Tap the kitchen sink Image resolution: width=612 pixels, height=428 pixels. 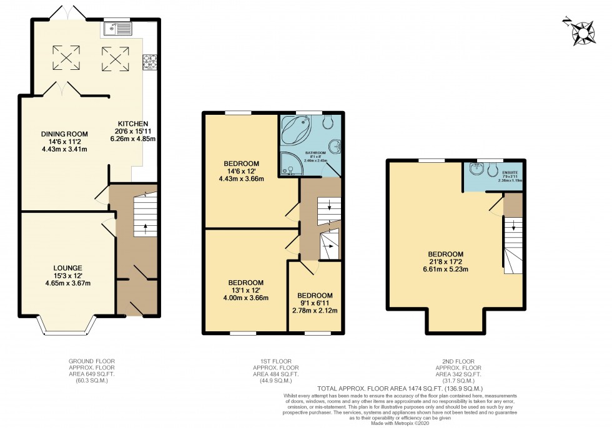pyautogui.click(x=118, y=28)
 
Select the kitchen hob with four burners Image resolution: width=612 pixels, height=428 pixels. pyautogui.click(x=150, y=61)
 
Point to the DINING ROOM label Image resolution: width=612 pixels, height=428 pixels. pyautogui.click(x=64, y=134)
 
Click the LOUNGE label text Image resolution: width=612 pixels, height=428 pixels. pyautogui.click(x=67, y=268)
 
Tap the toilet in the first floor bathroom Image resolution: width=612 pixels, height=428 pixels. pyautogui.click(x=329, y=123)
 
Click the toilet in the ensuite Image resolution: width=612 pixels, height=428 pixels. pyautogui.click(x=494, y=168)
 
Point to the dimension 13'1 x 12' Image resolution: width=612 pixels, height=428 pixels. pyautogui.click(x=246, y=290)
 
